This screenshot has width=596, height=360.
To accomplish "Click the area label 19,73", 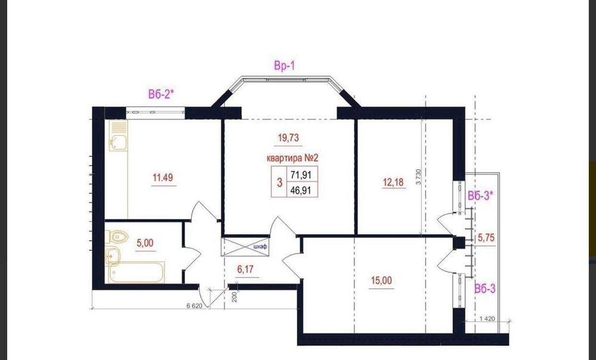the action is pos(288,138).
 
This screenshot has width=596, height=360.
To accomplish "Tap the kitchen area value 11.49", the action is pos(163,178).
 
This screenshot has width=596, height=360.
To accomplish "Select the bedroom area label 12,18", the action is pos(393,182).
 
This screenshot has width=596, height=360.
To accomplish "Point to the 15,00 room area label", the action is pos(381,281).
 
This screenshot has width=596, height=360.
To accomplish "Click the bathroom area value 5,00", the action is pos(145,243).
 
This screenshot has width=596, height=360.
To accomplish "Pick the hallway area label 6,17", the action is pos(245,269).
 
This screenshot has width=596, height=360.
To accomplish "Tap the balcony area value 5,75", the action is pos(486,238).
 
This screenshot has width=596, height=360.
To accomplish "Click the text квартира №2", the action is pos(292,158).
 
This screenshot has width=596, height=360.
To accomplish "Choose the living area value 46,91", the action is pos(300,190).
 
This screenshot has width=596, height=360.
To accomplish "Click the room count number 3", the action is pos(280,183).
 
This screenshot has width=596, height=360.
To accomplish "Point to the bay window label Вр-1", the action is pos(284,66).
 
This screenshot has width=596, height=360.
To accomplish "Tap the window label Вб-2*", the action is pos(161,94).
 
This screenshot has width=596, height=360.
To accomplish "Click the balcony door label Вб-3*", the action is pos(480,196).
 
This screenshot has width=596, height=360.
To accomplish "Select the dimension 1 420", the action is pos(488,318).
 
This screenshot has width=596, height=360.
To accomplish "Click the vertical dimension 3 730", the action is pos(418,177).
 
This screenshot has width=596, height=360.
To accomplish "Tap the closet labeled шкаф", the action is pos(245,247).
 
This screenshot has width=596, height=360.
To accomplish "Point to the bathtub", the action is pos(136,272).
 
